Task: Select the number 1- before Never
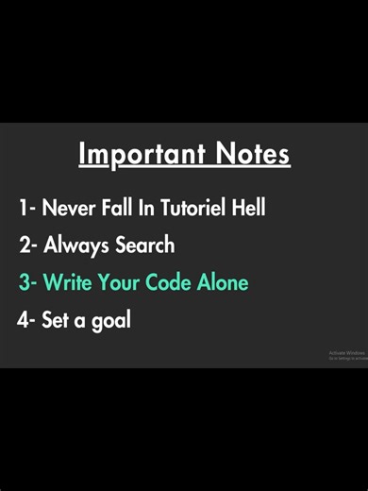[27, 208]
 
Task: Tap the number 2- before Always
[28, 245]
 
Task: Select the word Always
[76, 245]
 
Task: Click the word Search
[144, 245]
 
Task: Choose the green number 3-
[28, 282]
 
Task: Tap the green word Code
[171, 282]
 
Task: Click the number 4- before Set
[26, 320]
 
